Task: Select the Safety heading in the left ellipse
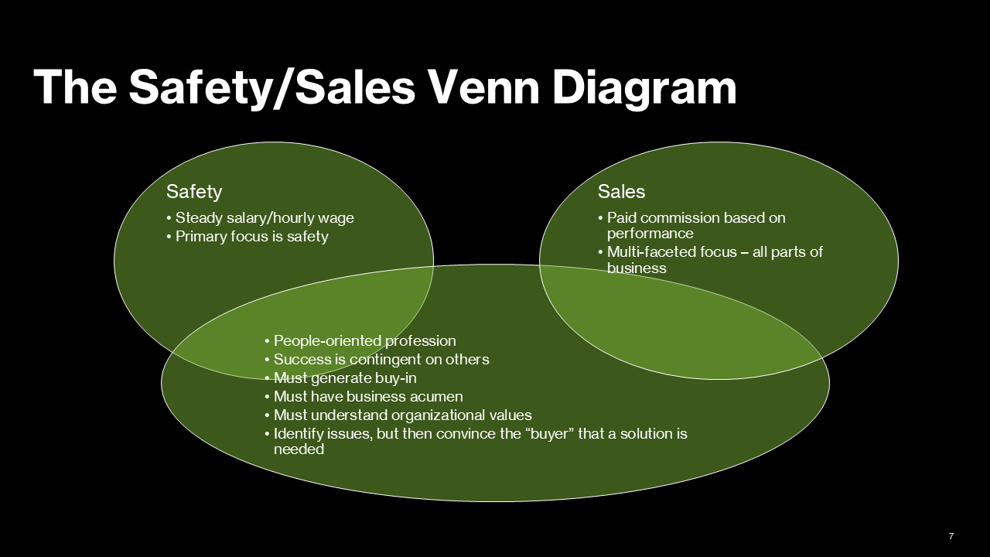pos(194,192)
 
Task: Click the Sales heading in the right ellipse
pos(621,192)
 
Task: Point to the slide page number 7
pos(951,536)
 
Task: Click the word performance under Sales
pos(650,234)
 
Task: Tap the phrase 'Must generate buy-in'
pos(345,378)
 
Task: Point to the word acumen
pos(436,397)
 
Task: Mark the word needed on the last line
pos(299,449)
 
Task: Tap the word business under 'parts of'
pos(636,268)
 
